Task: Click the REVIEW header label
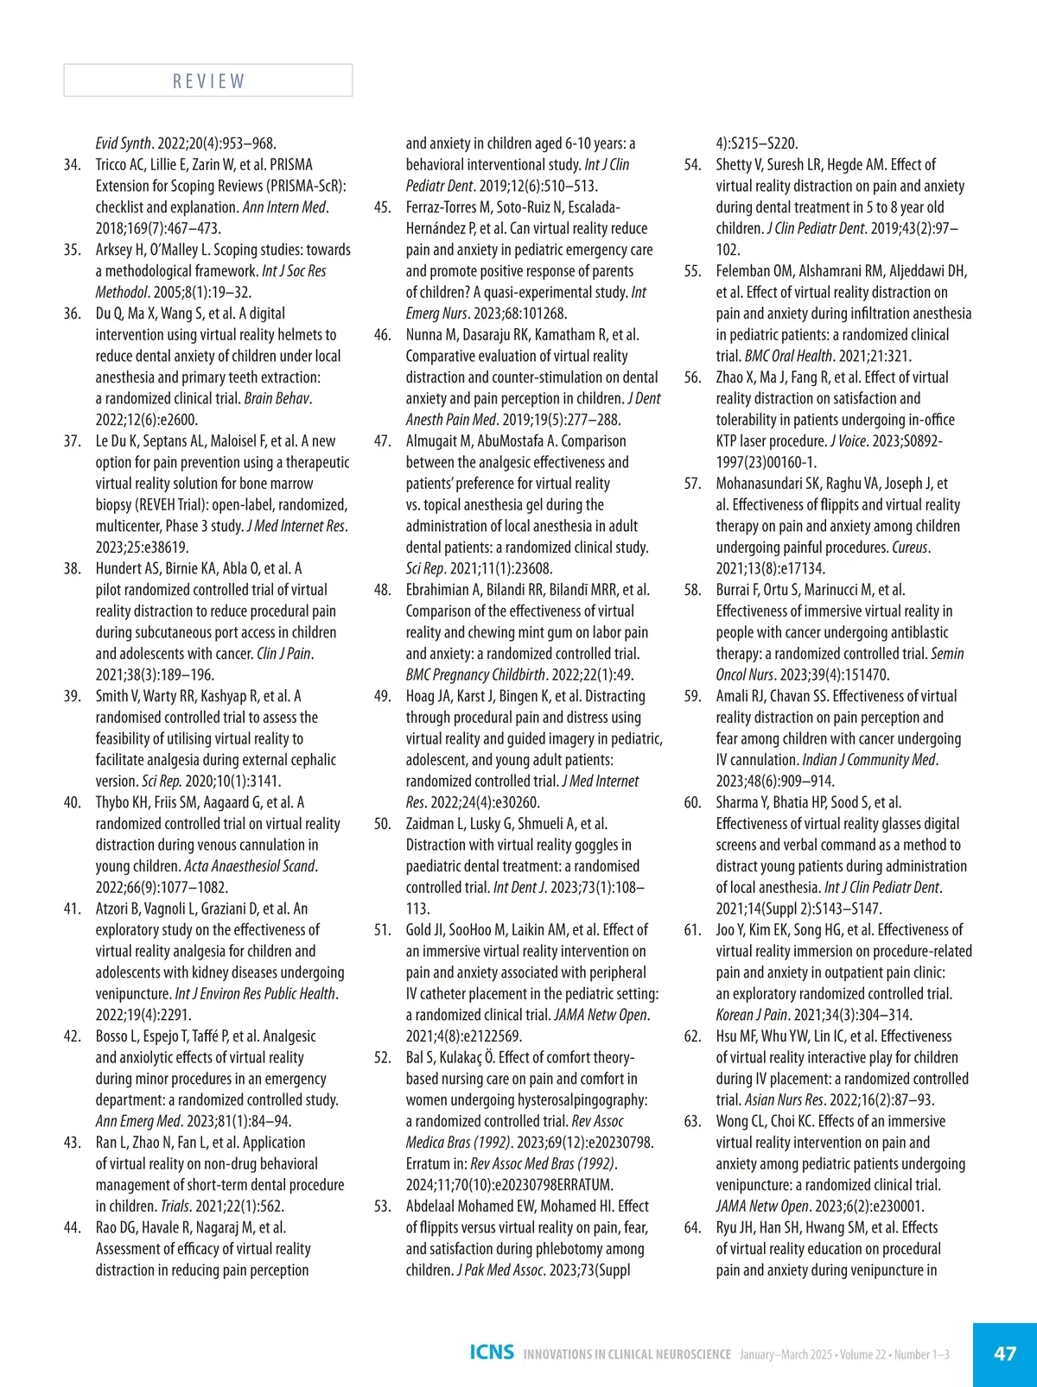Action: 208,81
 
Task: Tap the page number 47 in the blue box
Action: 1005,1353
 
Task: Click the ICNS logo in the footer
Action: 492,1352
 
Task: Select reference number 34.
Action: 73,165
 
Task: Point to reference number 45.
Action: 382,207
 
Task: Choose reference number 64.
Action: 692,1228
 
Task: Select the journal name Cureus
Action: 909,548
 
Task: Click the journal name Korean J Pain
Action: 751,1016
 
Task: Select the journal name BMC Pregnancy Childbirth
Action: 475,675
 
